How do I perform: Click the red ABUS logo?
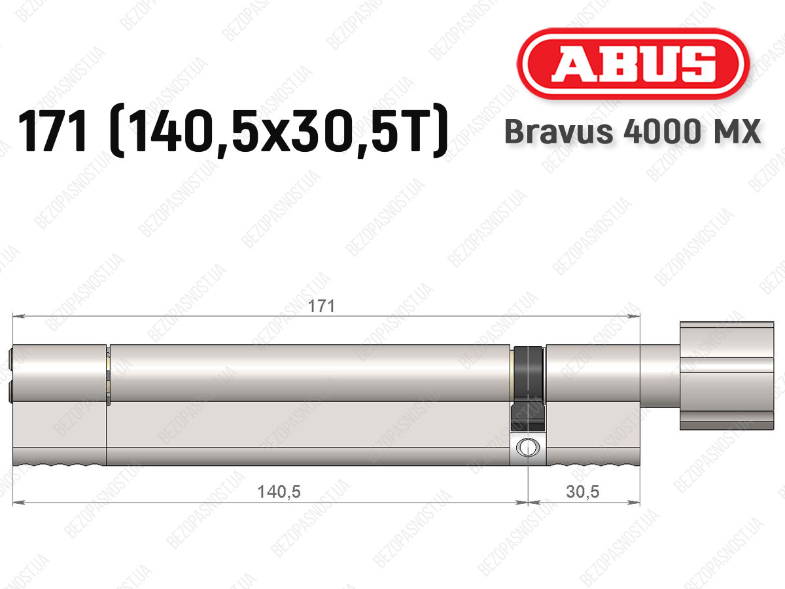point(633,63)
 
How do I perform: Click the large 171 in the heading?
point(53,131)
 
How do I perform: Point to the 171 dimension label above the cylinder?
point(321,306)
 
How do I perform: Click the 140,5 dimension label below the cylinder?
point(279,491)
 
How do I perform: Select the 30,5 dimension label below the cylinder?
point(583,491)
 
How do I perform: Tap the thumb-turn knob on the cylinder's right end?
point(727,376)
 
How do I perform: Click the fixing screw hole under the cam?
point(527,447)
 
